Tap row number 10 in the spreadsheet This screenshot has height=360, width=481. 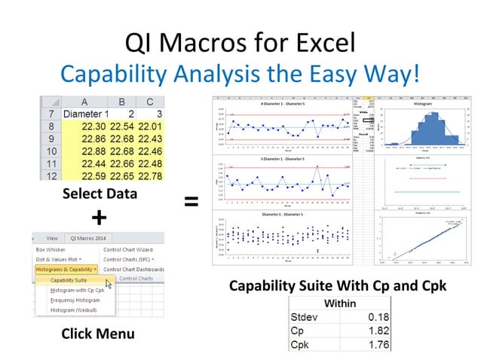[51, 151]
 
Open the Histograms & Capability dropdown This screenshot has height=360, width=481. [66, 269]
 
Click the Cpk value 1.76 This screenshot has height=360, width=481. [365, 344]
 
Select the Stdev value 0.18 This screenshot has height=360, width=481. [365, 316]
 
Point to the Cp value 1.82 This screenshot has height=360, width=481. [365, 330]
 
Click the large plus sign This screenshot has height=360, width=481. [98, 218]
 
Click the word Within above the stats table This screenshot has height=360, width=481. [338, 303]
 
